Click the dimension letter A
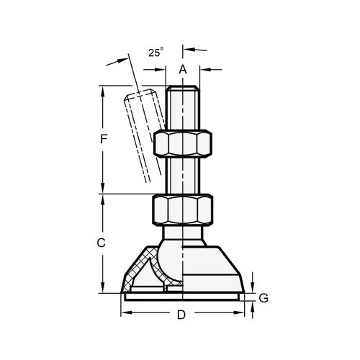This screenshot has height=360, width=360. (183, 69)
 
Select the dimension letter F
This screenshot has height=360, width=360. (104, 140)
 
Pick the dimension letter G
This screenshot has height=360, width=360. (264, 297)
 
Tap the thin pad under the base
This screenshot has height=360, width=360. (182, 296)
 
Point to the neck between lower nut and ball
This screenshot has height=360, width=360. (182, 232)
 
